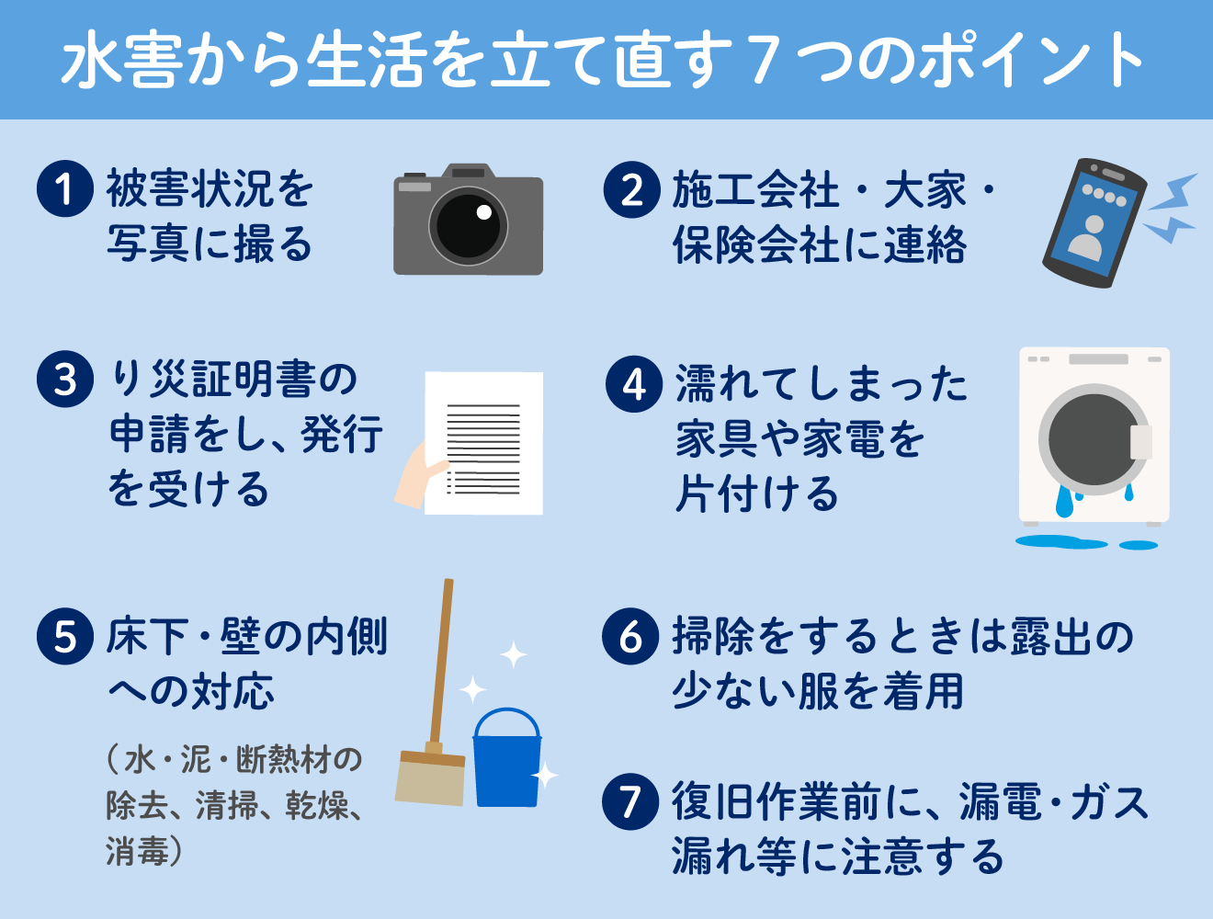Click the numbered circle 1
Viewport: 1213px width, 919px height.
point(65,189)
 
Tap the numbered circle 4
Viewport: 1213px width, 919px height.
point(634,384)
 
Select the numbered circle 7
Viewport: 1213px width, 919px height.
point(630,801)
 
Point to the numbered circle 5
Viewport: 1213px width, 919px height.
point(65,636)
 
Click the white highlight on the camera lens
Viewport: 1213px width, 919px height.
point(484,212)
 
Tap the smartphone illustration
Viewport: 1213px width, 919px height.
point(1094,223)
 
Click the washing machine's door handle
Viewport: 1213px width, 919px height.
point(1140,443)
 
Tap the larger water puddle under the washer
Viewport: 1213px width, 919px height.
point(1061,542)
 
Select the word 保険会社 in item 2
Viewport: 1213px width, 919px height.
point(756,244)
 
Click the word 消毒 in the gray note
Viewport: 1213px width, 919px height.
point(138,850)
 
